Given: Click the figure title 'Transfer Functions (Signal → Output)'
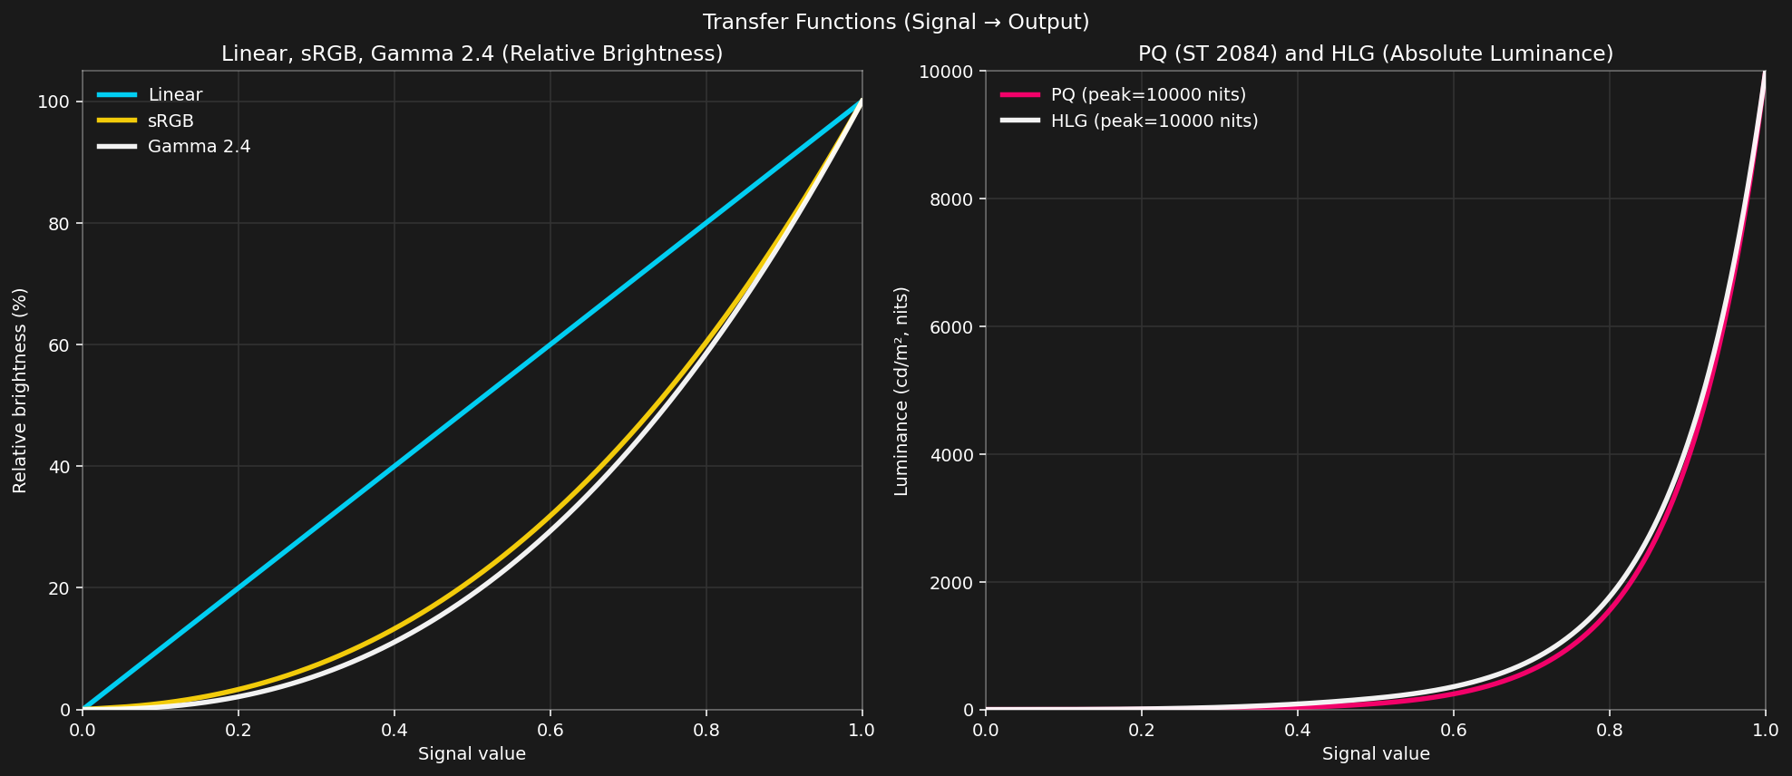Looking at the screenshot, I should [x=895, y=22].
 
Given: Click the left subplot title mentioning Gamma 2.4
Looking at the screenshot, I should [x=472, y=53].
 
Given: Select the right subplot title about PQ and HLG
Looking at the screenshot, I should [x=1375, y=53].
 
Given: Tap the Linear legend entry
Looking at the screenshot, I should [x=175, y=95].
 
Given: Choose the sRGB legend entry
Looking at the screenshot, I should [x=170, y=121].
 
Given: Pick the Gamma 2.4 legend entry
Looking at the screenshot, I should [x=199, y=147].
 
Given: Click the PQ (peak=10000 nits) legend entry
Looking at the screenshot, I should [x=1147, y=95].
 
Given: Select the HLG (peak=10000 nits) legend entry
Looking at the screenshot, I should [x=1154, y=121].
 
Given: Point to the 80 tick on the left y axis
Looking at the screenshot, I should [x=61, y=224].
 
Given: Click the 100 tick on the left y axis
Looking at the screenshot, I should [x=55, y=102].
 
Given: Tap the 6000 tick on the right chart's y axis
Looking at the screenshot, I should [x=951, y=326].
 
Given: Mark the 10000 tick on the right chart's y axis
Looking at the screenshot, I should [x=947, y=72].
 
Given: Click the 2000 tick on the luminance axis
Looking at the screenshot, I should [x=951, y=582].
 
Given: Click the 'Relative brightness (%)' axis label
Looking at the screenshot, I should [x=20, y=390].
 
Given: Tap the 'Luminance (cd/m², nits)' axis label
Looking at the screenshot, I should [x=901, y=390].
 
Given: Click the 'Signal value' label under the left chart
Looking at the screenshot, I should [x=472, y=754].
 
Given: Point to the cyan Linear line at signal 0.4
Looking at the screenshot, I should [x=394, y=466].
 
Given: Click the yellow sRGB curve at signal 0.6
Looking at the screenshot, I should [x=550, y=517].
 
